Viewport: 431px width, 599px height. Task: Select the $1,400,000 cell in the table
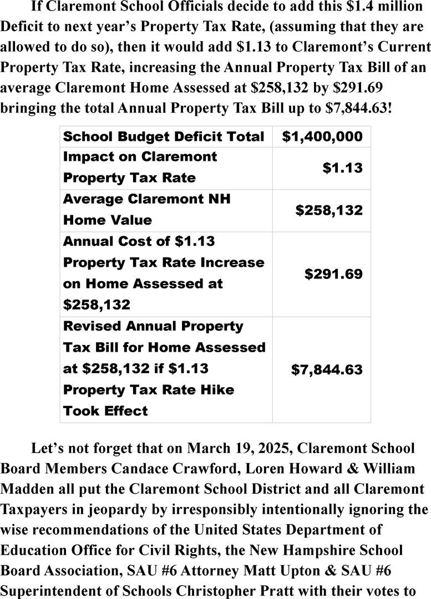coord(322,136)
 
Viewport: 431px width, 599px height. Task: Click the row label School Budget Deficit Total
coord(164,136)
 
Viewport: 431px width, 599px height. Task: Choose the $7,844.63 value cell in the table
coord(327,369)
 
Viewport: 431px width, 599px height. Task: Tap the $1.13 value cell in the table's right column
coord(343,167)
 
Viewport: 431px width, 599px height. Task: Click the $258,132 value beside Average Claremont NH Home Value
coord(329,210)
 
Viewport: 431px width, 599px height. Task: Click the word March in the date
coord(211,448)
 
